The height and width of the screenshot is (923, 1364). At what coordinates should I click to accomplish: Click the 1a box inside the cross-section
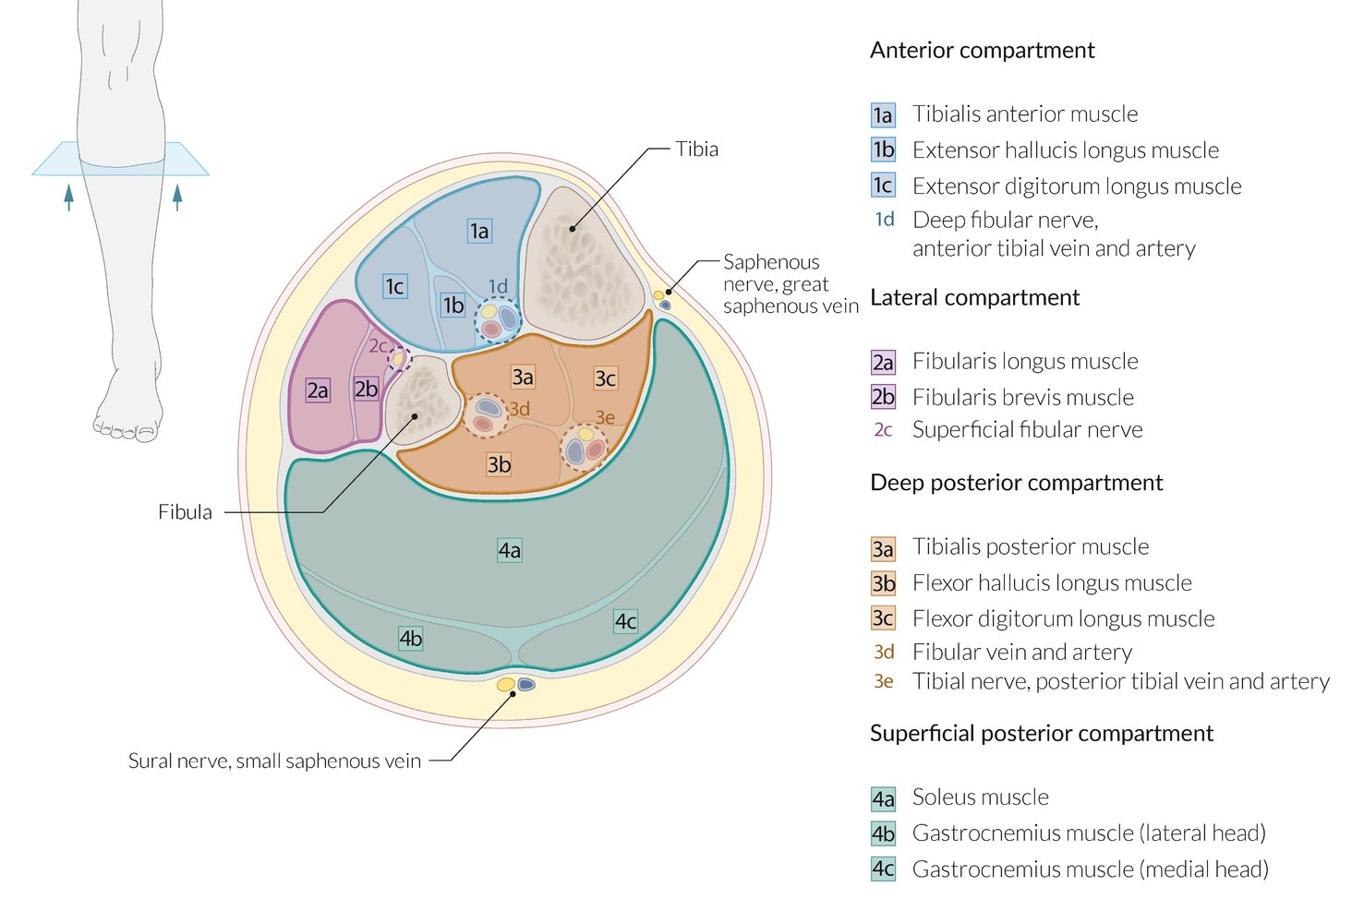point(478,231)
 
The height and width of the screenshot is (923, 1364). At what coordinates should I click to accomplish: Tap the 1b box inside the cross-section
point(453,305)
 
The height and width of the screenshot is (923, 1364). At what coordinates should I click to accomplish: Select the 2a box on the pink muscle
point(318,390)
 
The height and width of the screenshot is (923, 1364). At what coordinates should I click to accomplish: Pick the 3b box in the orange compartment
point(499,464)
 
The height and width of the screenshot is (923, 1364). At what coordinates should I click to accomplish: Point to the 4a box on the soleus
point(509,550)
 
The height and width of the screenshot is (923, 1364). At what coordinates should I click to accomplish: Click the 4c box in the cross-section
point(625,621)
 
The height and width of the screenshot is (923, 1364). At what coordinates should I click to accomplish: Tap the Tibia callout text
point(696,150)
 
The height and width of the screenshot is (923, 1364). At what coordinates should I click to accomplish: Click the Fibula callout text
point(185,512)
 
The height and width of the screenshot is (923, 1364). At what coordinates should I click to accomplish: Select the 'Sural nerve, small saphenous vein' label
point(274,761)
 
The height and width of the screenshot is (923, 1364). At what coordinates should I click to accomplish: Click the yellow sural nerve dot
point(505,685)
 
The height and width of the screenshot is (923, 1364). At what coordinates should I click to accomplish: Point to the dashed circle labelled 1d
point(498,319)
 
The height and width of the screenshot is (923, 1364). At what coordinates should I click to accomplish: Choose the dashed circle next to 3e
point(584,448)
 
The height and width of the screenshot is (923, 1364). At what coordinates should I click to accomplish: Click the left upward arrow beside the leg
point(68,197)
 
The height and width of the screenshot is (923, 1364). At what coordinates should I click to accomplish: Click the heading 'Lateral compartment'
point(974,298)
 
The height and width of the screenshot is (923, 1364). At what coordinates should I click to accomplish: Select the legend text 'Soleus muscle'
point(980,797)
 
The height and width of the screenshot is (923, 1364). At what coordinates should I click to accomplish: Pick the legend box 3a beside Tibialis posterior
point(883,549)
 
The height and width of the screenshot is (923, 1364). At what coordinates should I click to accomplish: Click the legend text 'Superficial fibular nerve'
point(1027,430)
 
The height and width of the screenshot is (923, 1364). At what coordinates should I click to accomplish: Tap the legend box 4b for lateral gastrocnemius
point(883,834)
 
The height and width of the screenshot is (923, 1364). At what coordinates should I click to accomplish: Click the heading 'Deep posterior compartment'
point(1016,483)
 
